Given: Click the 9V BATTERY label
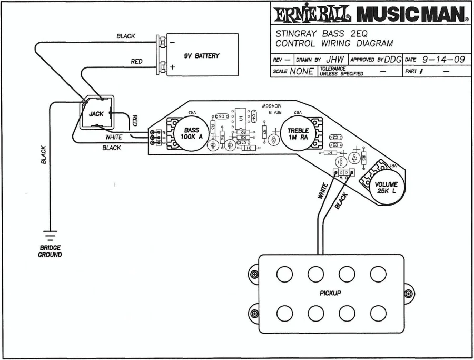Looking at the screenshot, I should point(201,56).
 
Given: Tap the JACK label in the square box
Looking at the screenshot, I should point(96,114).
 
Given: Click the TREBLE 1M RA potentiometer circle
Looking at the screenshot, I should point(298,134).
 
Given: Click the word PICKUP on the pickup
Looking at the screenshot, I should point(330,293).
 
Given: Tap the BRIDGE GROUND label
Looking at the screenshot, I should point(50,251).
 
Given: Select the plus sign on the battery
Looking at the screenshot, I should point(172,67).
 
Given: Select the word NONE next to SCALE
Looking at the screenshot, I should point(301,71).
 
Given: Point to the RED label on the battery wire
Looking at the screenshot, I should point(136,62).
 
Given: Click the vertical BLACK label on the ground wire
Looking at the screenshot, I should point(44,154).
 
